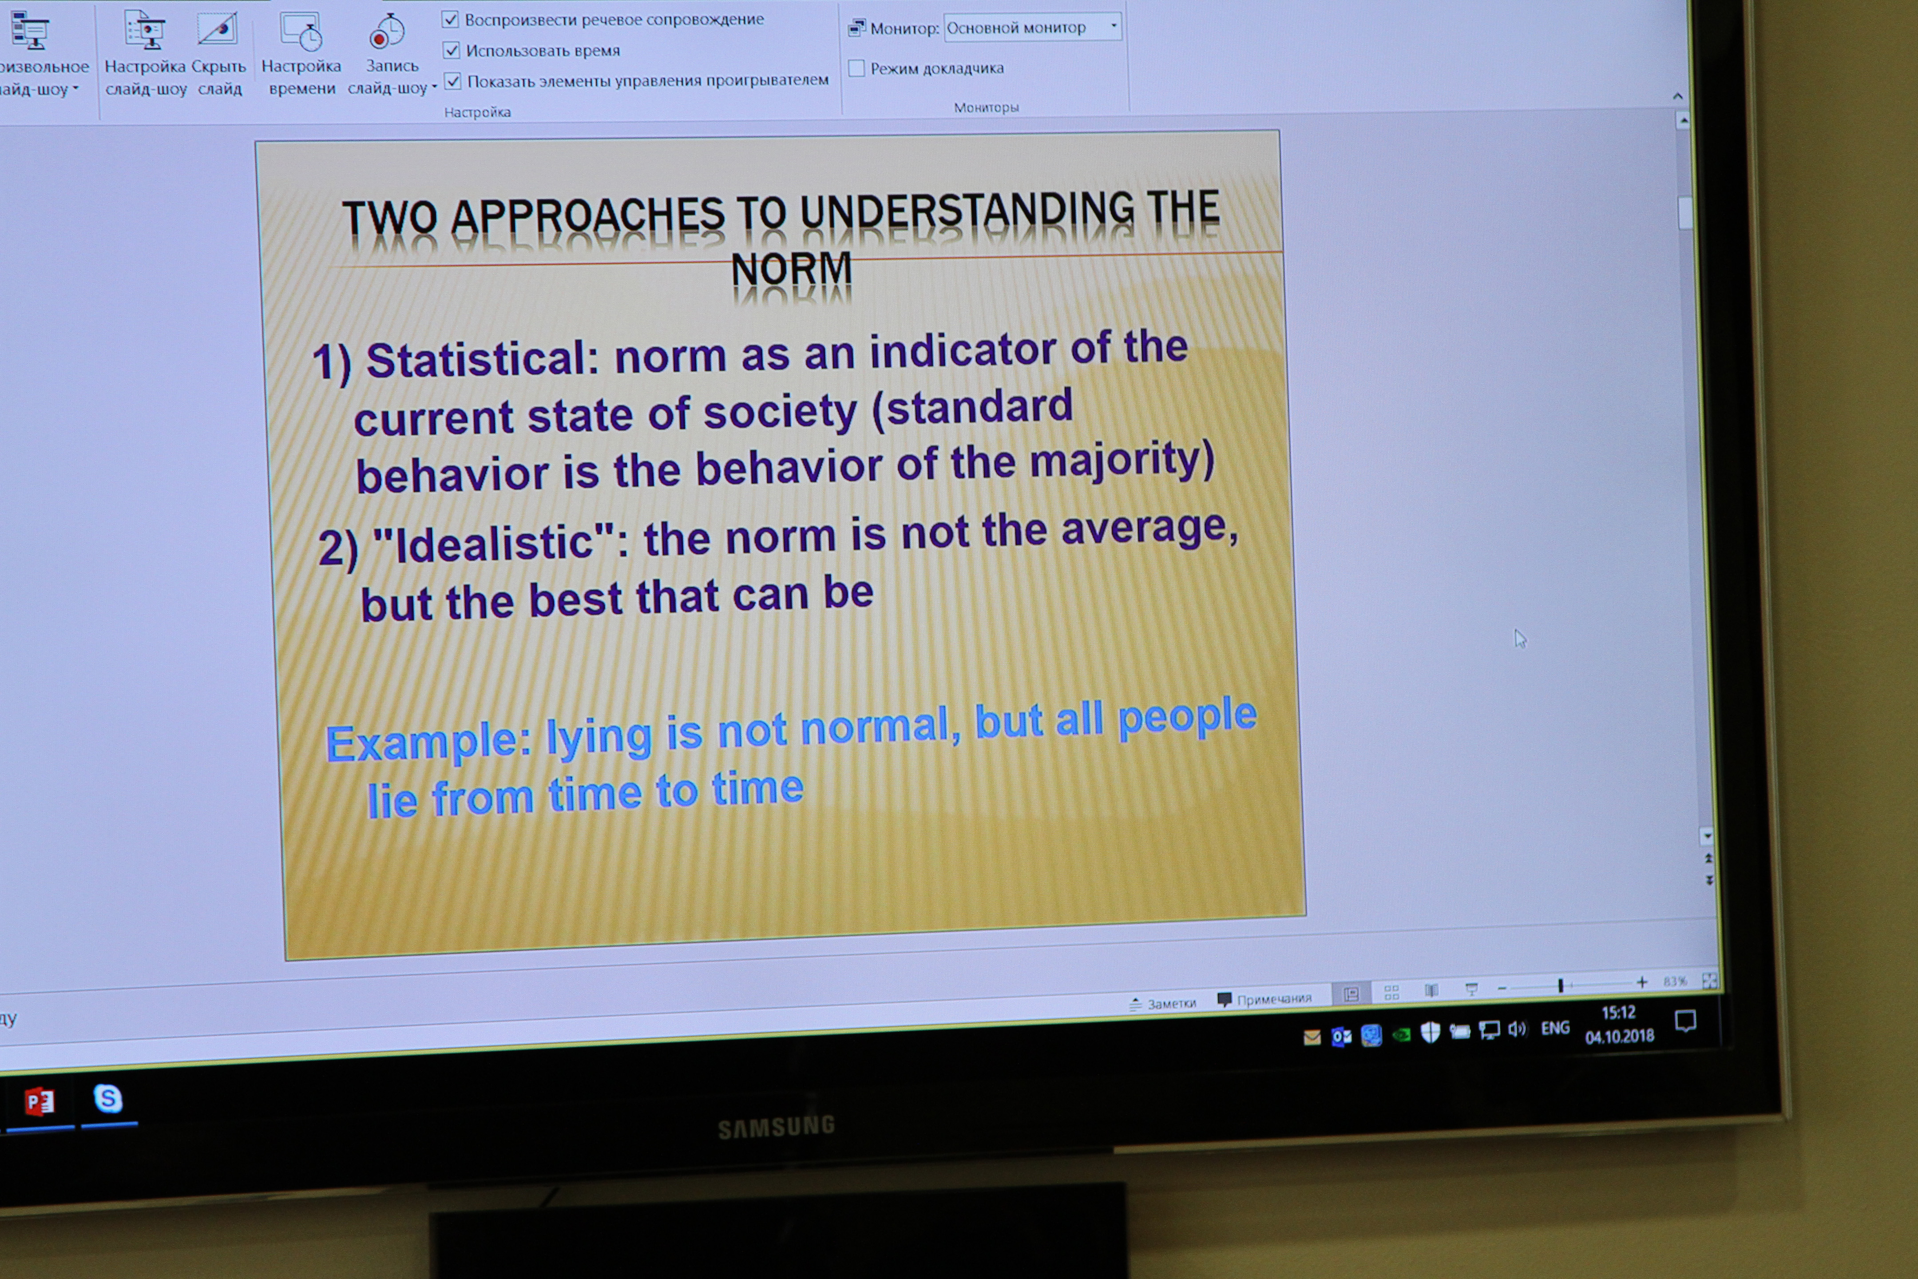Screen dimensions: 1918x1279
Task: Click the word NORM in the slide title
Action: [x=791, y=269]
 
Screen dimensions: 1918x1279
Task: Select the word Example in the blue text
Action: [x=428, y=742]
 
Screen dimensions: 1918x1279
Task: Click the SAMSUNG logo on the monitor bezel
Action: [x=777, y=1127]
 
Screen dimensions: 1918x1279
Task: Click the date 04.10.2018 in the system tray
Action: [x=1620, y=1036]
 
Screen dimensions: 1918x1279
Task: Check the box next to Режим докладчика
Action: [x=856, y=68]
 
